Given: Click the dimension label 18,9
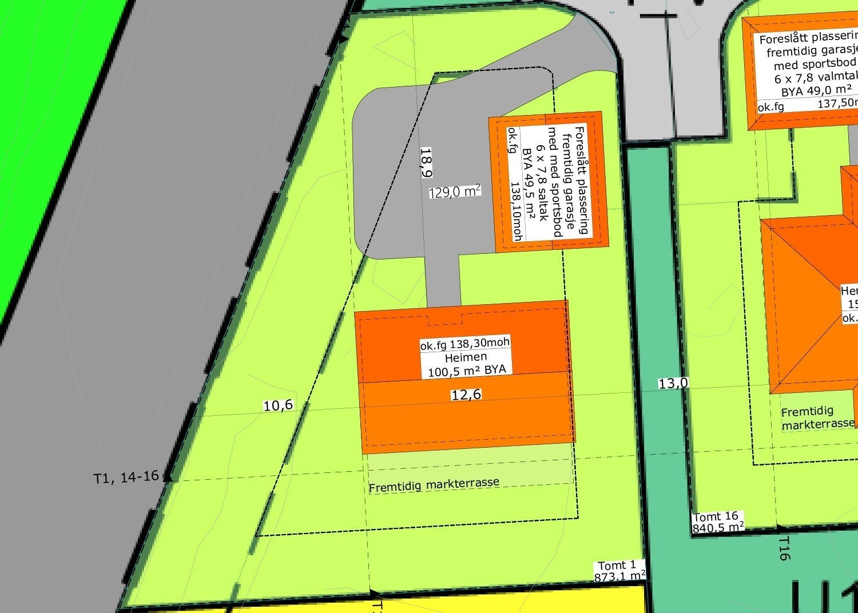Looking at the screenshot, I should coord(426,162).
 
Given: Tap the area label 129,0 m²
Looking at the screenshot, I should coord(454,192).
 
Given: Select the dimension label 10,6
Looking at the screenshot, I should coord(278,405).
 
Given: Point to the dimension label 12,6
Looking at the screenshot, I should coord(466,394).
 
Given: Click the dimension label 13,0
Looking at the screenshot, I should coord(673,383).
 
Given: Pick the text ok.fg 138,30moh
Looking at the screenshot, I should coord(464,344).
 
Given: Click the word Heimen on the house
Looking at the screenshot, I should coord(466,357).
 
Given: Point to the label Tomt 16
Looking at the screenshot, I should coord(715,516).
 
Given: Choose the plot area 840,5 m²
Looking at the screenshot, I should coord(718,527).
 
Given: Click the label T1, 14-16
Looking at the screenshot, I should coord(126,477).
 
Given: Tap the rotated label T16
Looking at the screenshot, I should coord(784,548).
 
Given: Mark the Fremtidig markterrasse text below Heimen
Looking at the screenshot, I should coord(434,485).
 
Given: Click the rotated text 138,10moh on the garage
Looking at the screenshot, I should coord(516,212).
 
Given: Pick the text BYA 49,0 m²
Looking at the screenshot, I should coord(816,90).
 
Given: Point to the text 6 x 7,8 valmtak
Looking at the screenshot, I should coord(816,77).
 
